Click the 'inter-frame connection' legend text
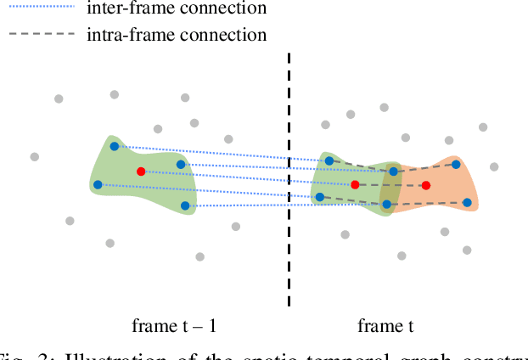pos(177,8)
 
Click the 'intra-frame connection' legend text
pos(177,35)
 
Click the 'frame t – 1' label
pos(179,326)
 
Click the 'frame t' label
pos(386,326)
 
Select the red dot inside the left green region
pos(141,172)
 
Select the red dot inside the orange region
pos(426,185)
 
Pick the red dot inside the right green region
pos(355,184)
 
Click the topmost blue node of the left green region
pos(115,147)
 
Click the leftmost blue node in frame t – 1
pos(98,184)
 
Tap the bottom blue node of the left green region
pos(185,205)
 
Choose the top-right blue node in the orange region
pos(456,165)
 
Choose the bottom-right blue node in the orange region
pos(467,202)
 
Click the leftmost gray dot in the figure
pos(35,156)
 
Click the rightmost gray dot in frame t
pos(494,167)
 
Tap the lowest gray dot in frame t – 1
pos(199,256)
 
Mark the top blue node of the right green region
pos(329,159)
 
